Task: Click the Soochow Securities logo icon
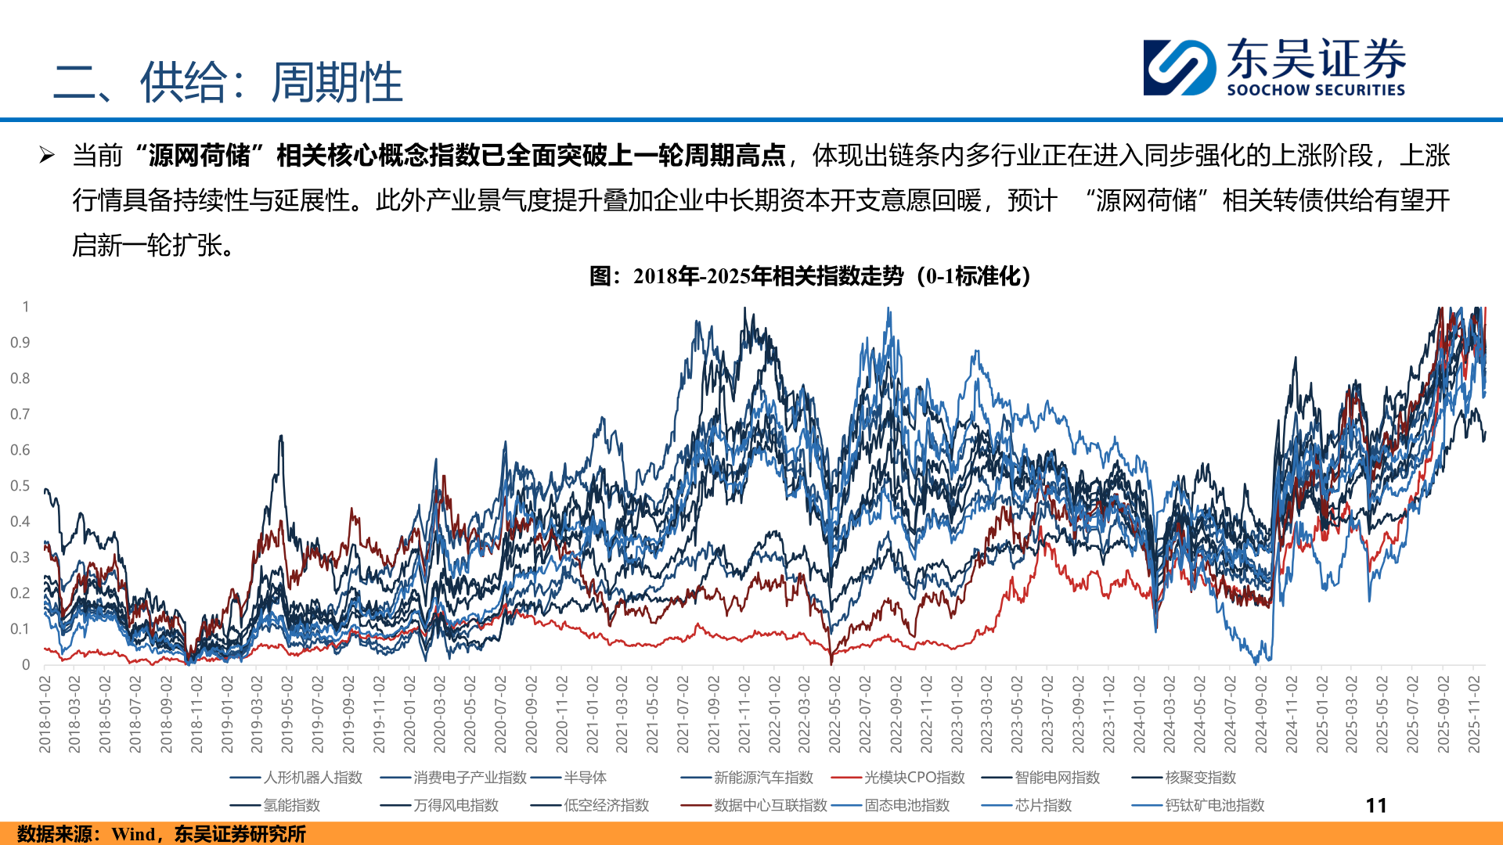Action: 1180,67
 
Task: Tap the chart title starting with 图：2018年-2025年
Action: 809,276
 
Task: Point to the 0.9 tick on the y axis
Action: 20,343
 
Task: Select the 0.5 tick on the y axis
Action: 20,486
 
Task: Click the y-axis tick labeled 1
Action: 26,307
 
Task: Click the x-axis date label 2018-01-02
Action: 45,715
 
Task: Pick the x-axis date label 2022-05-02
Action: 834,715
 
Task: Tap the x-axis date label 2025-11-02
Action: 1473,715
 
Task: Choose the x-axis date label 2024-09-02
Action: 1260,715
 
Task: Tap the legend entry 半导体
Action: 585,778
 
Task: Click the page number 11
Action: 1375,805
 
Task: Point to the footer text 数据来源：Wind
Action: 161,834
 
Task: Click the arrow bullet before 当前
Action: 47,155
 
